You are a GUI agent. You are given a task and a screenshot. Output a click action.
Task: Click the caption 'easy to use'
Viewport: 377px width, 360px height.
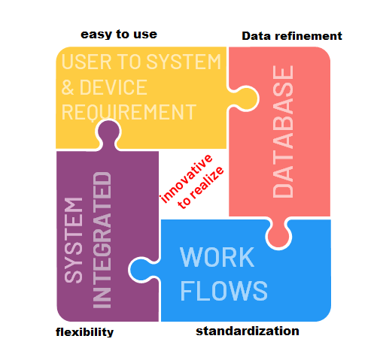(119, 35)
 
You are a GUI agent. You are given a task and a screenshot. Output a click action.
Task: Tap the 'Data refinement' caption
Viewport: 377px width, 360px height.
(292, 36)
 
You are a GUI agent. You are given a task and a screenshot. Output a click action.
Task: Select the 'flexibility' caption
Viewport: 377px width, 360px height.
(84, 332)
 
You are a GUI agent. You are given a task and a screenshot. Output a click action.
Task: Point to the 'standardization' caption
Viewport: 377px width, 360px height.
(248, 331)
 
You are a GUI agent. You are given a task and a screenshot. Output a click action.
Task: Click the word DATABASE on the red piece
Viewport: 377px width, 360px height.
(283, 132)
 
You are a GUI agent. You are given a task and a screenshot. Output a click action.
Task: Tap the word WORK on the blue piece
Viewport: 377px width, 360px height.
(217, 257)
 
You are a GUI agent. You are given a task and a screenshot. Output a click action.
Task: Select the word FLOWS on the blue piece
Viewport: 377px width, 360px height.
(223, 291)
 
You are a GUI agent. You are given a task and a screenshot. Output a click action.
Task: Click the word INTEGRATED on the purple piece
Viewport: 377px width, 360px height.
(102, 240)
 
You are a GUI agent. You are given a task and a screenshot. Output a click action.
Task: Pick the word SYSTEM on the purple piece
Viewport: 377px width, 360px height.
(73, 241)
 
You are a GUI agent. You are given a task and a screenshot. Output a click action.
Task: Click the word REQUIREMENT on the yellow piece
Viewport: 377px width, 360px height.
(129, 113)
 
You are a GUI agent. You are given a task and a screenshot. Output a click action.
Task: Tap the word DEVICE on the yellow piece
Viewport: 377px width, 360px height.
(113, 87)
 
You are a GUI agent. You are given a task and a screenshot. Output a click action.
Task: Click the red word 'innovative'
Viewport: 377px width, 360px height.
(187, 178)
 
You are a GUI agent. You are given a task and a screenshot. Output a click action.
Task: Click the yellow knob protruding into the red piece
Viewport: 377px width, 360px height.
(245, 98)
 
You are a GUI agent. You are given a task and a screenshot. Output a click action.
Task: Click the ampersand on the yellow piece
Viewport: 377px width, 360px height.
(68, 87)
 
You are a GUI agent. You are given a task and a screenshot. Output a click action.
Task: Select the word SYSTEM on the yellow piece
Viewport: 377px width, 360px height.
(184, 62)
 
